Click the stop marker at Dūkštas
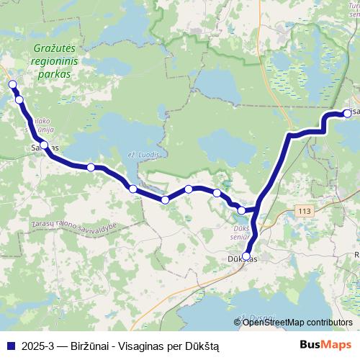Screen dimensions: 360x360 point(246,256)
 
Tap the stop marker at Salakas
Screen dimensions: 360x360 point(45,145)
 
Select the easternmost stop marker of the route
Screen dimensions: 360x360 point(348,113)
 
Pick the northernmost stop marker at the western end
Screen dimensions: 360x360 point(12,85)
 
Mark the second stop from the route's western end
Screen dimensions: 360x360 point(19,100)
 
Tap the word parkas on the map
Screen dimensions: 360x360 point(55,73)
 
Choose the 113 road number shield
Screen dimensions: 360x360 point(305,212)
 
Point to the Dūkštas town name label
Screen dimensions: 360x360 point(241,259)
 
